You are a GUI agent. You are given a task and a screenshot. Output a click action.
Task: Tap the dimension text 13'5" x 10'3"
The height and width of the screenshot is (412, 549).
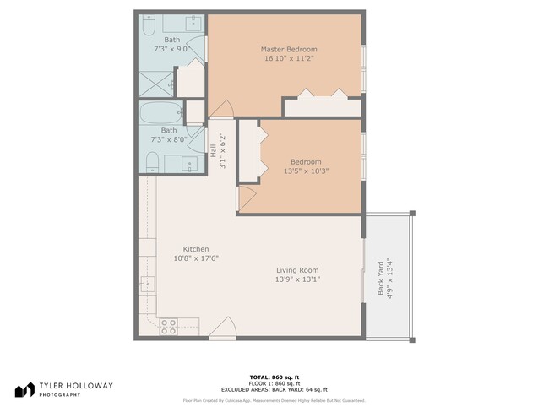[x=306, y=171]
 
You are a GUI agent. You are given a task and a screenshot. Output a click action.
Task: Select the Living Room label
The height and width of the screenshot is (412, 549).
[x=297, y=270]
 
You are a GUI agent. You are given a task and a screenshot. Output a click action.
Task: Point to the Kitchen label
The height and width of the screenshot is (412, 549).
[x=196, y=249]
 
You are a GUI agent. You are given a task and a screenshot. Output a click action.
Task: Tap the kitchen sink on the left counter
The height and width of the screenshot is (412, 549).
[x=145, y=285]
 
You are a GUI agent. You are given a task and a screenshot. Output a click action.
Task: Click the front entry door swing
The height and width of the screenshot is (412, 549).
[x=221, y=328]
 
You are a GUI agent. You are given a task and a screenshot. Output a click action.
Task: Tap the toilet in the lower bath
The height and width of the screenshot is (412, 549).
[x=149, y=161]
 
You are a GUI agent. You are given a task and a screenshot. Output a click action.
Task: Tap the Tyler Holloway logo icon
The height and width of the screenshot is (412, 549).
[x=24, y=389]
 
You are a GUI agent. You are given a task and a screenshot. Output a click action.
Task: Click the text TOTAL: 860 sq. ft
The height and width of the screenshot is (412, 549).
[x=274, y=377]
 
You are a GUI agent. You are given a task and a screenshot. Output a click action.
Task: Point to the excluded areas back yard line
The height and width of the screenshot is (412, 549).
[x=274, y=389]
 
